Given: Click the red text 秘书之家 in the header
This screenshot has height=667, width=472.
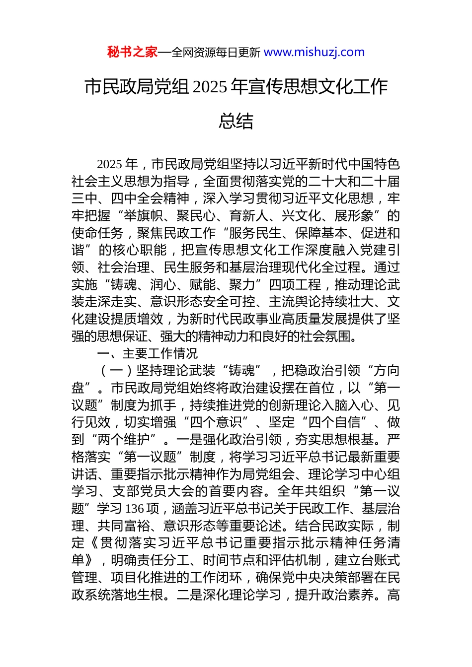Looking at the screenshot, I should (132, 52).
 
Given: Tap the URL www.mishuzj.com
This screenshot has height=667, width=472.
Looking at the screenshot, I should (314, 52).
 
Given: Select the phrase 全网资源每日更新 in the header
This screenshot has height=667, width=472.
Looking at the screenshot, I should (215, 52).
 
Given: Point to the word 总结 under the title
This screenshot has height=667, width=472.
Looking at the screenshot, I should (236, 121).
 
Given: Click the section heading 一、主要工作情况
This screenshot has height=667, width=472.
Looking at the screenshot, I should (148, 353).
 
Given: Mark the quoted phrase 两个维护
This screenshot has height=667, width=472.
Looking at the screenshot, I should (124, 440).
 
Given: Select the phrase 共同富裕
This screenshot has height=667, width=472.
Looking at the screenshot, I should (124, 526).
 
